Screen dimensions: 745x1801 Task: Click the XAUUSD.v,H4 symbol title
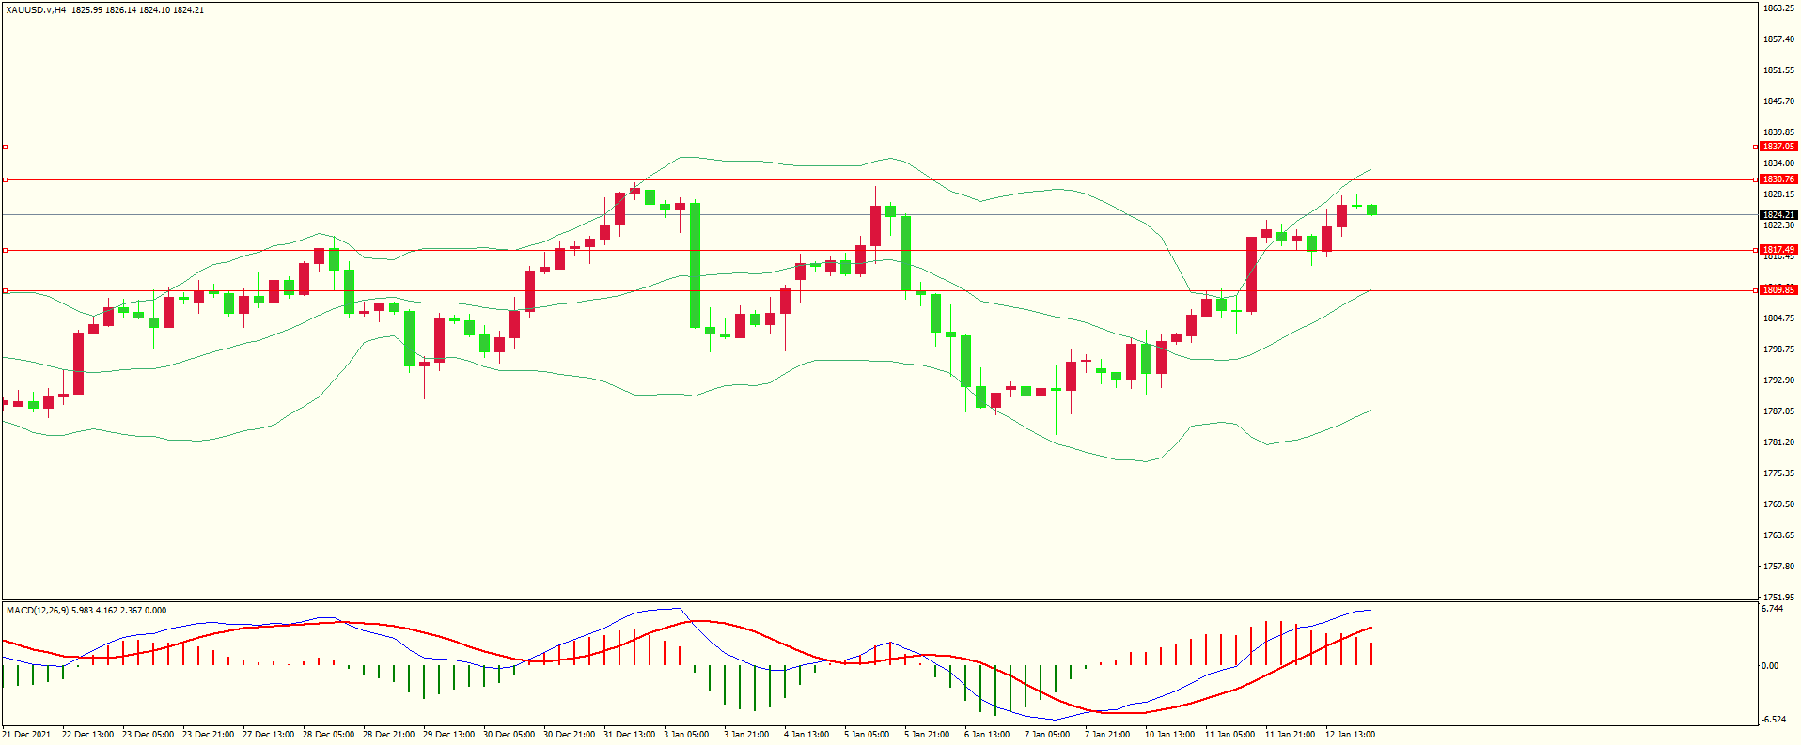[x=35, y=9]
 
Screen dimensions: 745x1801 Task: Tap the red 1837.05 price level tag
[x=1778, y=147]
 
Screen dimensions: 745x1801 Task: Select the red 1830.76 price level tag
[x=1778, y=179]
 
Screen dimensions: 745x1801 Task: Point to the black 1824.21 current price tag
[x=1778, y=215]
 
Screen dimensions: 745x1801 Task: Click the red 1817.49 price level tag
[x=1778, y=250]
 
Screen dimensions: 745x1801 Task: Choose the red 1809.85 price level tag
[x=1778, y=290]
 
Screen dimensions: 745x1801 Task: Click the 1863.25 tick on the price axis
[x=1778, y=8]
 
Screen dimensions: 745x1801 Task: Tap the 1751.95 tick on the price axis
[x=1778, y=597]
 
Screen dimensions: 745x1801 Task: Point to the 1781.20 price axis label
[x=1778, y=442]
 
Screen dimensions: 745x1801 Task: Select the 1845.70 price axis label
[x=1778, y=101]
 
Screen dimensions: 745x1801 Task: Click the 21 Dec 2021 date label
[x=26, y=735]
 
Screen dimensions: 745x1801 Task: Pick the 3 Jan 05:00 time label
[x=686, y=735]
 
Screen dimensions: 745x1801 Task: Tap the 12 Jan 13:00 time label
[x=1350, y=735]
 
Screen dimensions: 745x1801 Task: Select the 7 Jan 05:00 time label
[x=1046, y=735]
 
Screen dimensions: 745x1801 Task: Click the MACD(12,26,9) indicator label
[x=37, y=611]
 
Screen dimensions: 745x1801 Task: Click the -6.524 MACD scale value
[x=1773, y=720]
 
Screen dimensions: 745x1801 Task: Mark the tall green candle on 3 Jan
[x=695, y=265]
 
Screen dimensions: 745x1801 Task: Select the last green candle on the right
[x=1372, y=210]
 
